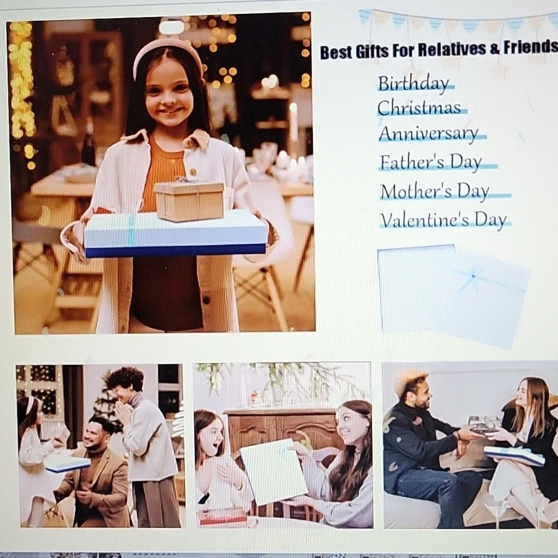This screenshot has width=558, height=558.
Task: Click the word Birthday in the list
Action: [x=413, y=84]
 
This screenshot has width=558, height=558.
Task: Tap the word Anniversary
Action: [x=429, y=134]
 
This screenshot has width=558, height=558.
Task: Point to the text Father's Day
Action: [x=431, y=162]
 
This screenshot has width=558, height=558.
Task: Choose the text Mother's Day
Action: [x=435, y=191]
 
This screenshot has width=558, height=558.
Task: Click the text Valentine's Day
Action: [x=444, y=220]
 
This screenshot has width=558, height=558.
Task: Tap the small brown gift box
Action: [x=190, y=200]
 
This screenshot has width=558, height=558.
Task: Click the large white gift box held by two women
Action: [x=273, y=471]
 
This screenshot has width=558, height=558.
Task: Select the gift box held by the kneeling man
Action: [x=68, y=464]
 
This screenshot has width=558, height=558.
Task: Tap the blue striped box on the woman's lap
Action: [x=514, y=455]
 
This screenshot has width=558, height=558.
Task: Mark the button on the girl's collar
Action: [x=193, y=172]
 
